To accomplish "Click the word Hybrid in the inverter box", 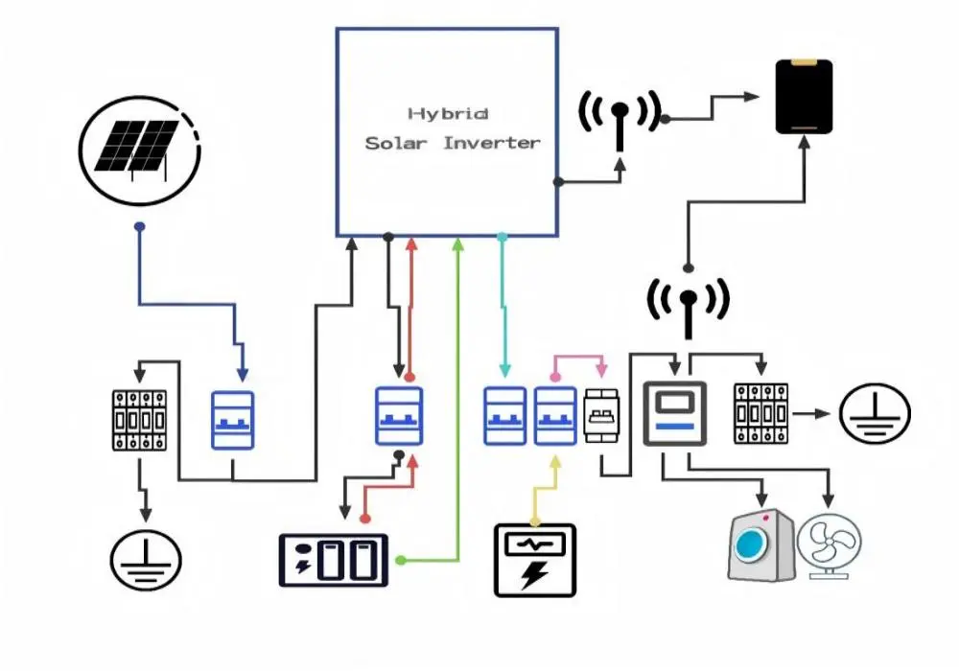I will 448,114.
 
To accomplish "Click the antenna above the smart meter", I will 688,304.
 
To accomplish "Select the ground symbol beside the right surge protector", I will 875,414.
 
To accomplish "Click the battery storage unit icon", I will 333,560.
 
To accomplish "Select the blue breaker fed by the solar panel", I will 232,419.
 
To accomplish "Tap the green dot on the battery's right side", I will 399,559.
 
